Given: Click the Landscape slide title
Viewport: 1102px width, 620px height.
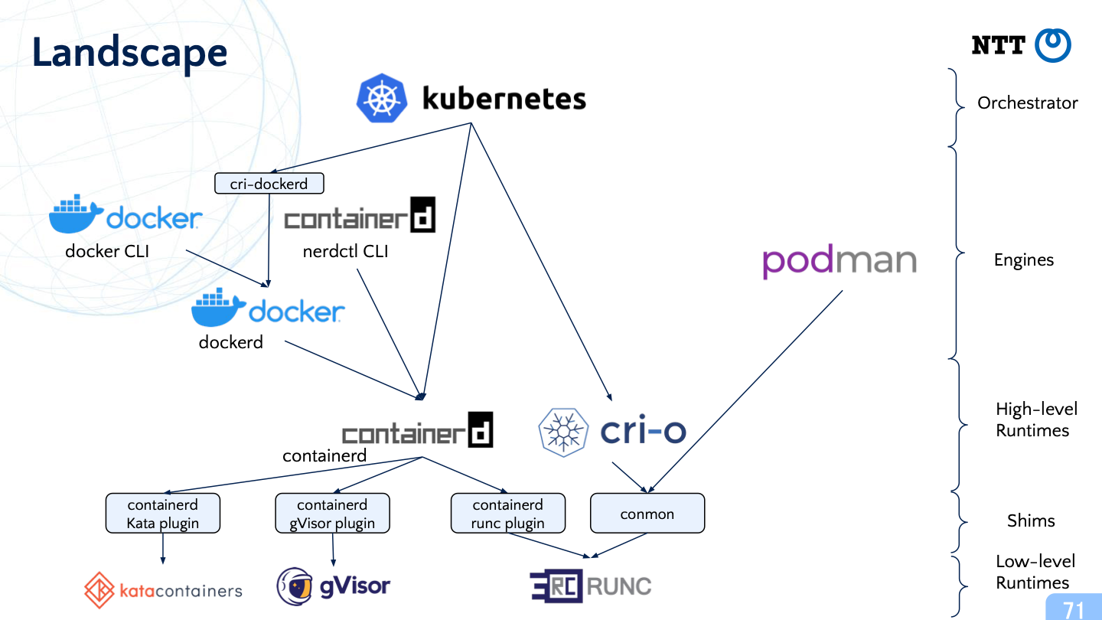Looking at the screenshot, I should (129, 53).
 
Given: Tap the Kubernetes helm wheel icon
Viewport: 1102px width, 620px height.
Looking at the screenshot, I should (380, 99).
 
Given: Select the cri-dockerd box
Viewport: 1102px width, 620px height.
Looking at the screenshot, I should (269, 184).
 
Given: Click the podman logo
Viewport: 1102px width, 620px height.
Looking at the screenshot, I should (840, 262).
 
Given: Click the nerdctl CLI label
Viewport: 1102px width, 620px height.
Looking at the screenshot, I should (345, 251).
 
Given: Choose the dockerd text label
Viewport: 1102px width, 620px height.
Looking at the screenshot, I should (230, 342).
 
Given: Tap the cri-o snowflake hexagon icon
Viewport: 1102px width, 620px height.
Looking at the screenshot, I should (563, 432).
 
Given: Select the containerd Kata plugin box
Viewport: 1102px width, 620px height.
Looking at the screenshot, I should (162, 514).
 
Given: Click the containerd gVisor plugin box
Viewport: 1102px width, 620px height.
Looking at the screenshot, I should (332, 514).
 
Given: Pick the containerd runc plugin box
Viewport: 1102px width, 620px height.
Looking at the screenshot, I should (508, 514).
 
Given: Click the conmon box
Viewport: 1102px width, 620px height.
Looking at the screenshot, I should (647, 514).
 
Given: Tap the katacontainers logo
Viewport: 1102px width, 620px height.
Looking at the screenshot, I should (163, 590).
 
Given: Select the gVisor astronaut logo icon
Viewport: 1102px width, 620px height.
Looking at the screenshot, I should (295, 586).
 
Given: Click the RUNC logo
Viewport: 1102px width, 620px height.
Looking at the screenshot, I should (590, 586).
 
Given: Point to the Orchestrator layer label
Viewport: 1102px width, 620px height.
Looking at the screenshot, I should (1027, 103).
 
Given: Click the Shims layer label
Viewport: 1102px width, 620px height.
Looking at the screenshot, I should (1030, 520).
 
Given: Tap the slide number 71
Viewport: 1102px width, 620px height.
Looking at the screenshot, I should (1074, 609).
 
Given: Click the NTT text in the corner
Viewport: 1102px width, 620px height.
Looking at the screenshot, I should (998, 46).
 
